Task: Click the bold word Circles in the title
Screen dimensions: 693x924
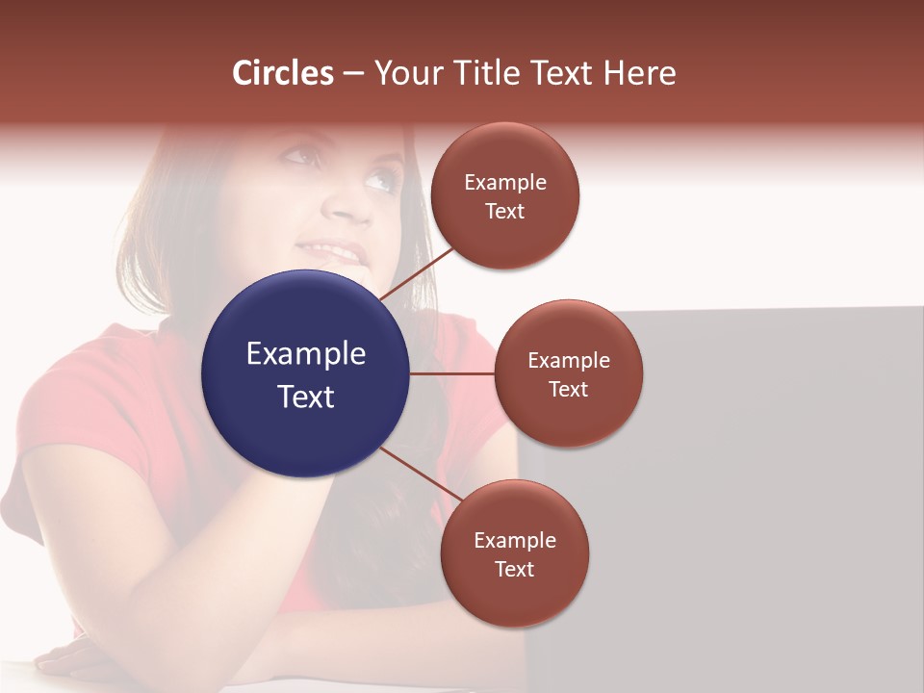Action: (x=283, y=73)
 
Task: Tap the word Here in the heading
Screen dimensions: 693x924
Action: (x=639, y=73)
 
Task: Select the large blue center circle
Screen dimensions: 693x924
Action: (x=306, y=373)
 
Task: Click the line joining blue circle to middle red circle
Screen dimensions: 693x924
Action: (x=452, y=373)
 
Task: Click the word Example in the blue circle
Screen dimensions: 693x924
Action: (x=306, y=354)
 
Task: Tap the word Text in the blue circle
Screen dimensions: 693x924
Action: (x=306, y=397)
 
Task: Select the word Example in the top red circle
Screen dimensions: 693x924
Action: (x=505, y=183)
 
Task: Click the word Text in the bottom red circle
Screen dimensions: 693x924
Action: (x=514, y=570)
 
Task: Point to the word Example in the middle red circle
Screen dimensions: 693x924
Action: (x=569, y=361)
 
